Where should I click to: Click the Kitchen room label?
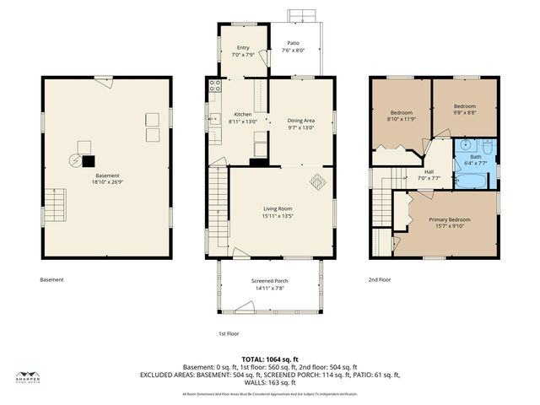point(242,115)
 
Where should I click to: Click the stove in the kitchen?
point(214,85)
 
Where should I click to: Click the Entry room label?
point(243,48)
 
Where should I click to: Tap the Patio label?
point(293,43)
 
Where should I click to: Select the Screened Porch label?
point(269,281)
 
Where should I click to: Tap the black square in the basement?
point(88,159)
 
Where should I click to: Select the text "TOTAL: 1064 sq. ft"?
point(269,359)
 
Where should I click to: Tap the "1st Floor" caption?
point(229,332)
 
